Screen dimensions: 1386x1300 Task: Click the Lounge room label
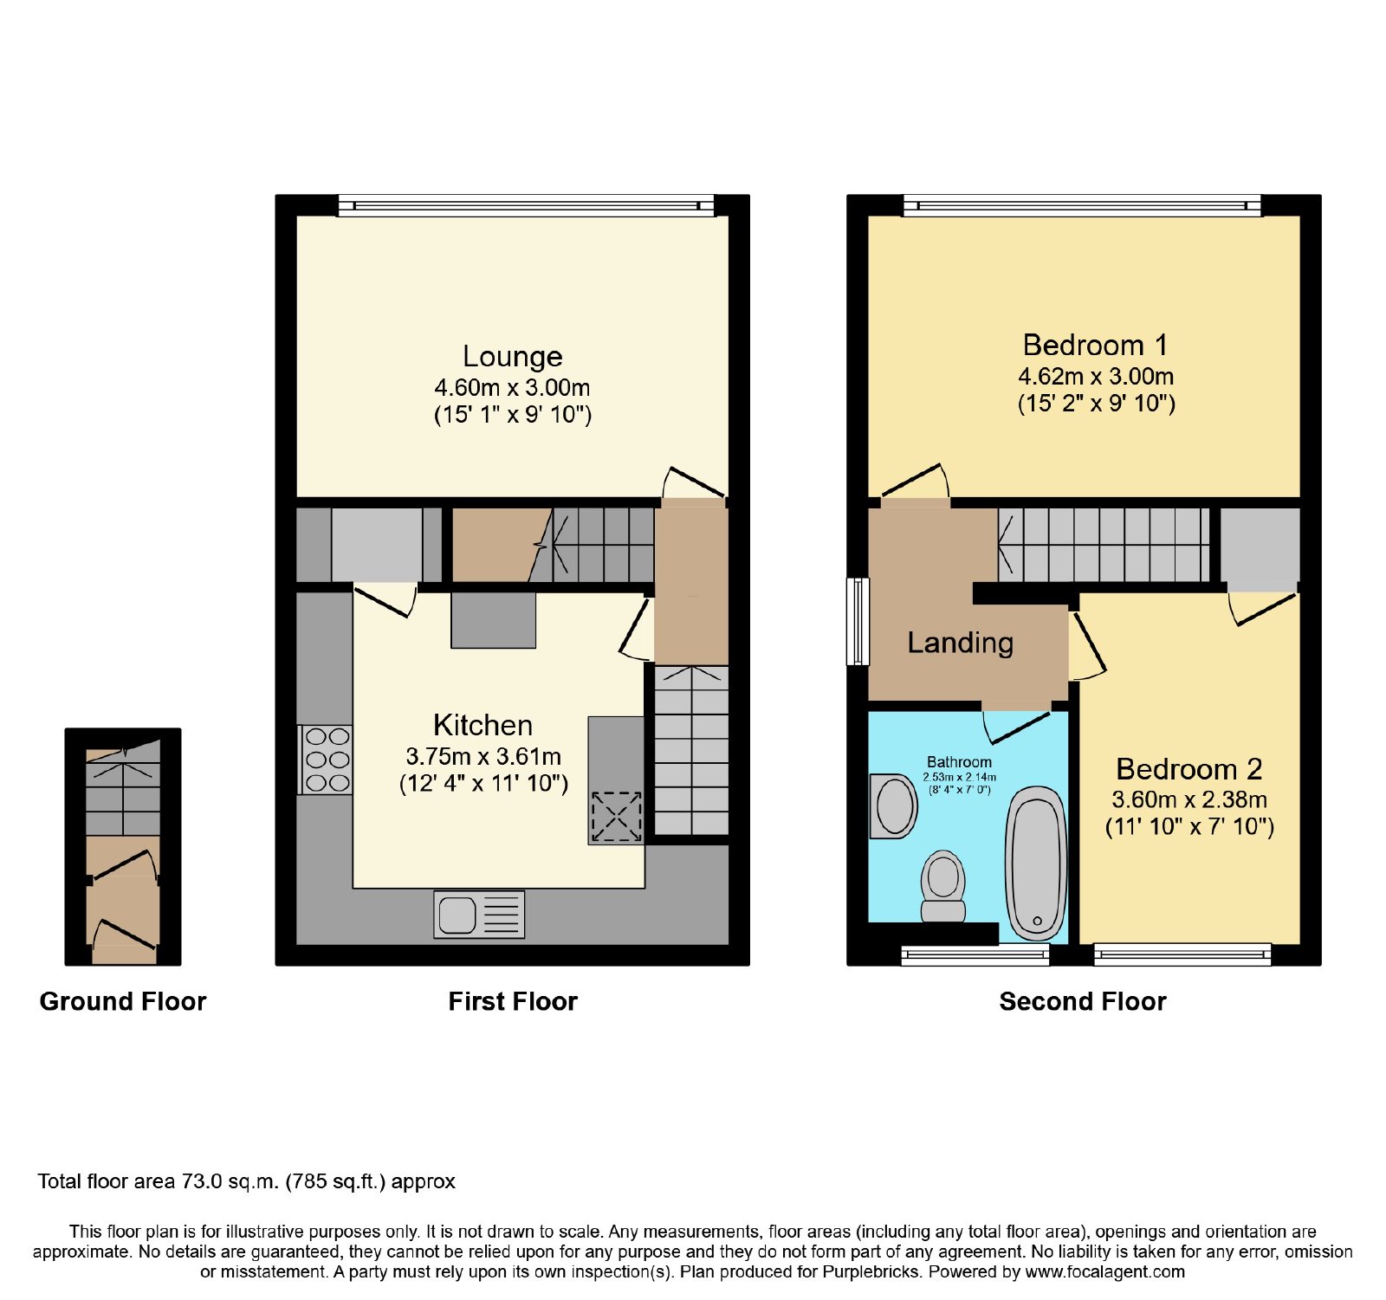point(513,357)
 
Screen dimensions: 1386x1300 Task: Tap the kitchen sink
point(479,915)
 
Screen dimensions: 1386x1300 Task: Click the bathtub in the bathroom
point(1036,863)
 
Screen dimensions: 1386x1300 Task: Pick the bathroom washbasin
point(894,805)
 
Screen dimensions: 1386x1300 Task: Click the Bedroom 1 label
point(1096,346)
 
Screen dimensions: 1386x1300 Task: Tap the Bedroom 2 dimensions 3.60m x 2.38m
point(1189,799)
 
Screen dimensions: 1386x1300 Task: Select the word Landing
point(960,643)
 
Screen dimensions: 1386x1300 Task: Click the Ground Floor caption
point(123,1002)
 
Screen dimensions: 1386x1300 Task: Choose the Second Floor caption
point(1083,1002)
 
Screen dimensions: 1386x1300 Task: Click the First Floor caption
point(513,1002)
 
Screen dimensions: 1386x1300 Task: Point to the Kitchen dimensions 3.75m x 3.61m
point(483,756)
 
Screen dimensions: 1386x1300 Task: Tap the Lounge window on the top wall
point(526,205)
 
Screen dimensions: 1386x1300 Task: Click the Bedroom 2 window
point(1182,954)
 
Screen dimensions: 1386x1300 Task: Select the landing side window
point(858,622)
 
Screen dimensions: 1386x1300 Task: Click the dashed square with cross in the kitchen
point(616,817)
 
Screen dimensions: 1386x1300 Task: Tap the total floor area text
point(246,1182)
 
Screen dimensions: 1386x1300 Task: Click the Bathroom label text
point(959,762)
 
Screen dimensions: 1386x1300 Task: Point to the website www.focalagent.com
point(1104,1272)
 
